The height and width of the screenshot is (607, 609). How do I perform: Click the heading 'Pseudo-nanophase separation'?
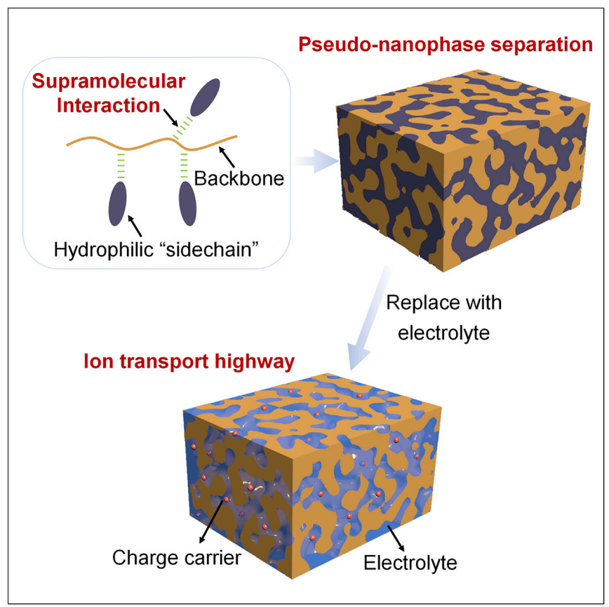[446, 46]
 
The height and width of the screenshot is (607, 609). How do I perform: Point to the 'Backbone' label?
[239, 178]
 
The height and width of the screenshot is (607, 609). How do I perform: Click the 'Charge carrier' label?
[177, 558]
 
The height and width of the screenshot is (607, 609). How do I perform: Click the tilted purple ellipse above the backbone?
[205, 96]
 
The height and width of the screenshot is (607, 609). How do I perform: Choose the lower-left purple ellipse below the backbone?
[118, 203]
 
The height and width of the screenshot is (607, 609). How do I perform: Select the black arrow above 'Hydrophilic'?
[137, 226]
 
